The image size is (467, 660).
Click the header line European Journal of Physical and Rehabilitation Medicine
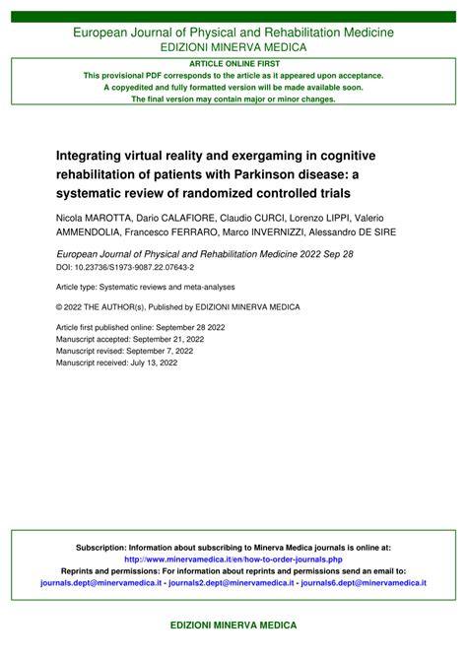tap(233, 33)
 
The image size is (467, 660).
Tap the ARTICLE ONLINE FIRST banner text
tap(233, 62)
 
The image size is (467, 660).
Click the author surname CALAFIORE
tap(203, 217)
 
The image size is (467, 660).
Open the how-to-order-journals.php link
tap(233, 560)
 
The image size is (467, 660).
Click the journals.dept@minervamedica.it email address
tap(100, 583)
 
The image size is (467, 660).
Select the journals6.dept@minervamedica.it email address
tap(364, 583)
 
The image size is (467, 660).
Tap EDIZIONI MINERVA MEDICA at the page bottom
tap(233, 626)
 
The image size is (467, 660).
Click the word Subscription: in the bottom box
tap(101, 548)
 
